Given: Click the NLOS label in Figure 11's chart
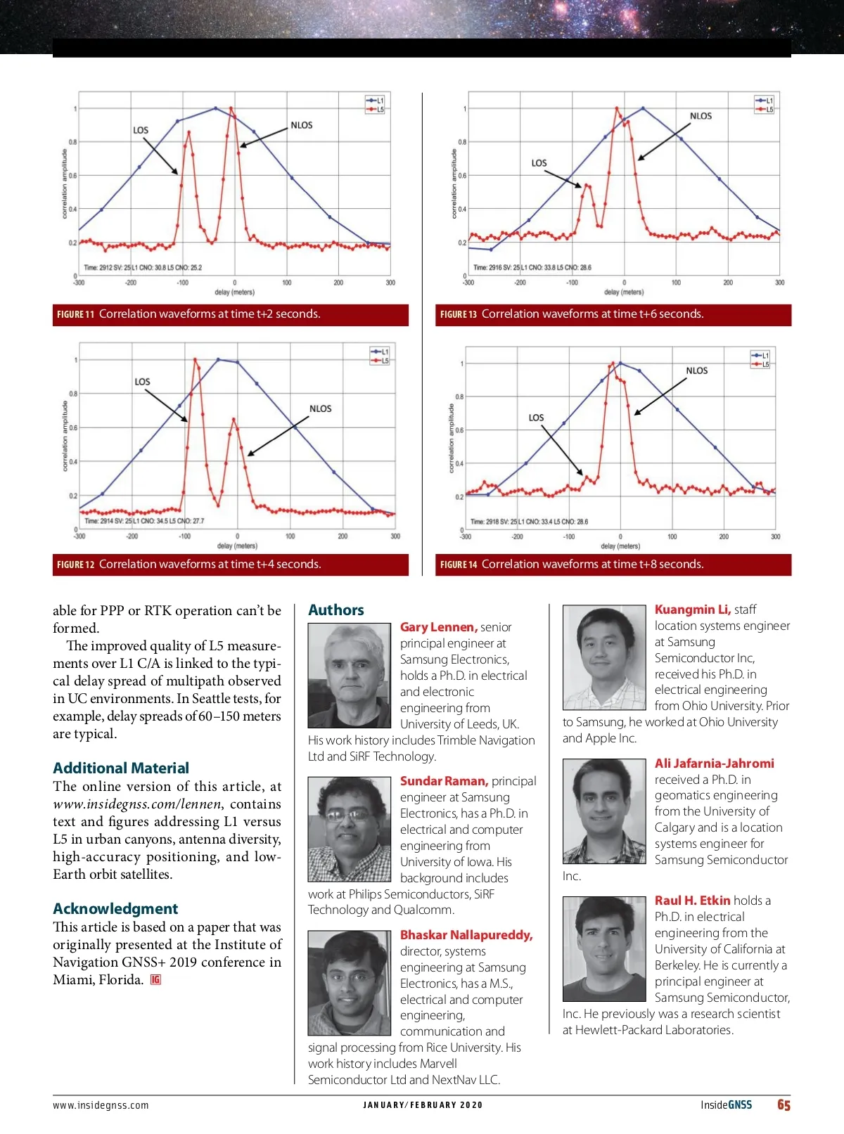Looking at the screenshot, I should pyautogui.click(x=302, y=125).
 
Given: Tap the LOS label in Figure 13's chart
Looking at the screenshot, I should pyautogui.click(x=539, y=163).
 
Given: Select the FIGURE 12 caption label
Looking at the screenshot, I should pyautogui.click(x=75, y=565).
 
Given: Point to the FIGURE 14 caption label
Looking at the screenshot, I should pyautogui.click(x=459, y=565).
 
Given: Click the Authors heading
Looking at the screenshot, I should pyautogui.click(x=336, y=610).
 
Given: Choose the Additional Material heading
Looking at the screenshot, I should pyautogui.click(x=121, y=768).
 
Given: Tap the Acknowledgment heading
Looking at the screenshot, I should pyautogui.click(x=115, y=908).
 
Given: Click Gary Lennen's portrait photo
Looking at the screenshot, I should pyautogui.click(x=350, y=675).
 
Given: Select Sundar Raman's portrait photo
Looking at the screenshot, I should pyautogui.click(x=350, y=829).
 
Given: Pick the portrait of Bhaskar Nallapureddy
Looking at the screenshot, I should pyautogui.click(x=350, y=983).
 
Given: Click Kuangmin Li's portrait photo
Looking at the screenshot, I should pyautogui.click(x=604, y=657).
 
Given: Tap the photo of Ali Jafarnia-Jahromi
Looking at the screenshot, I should pyautogui.click(x=604, y=811).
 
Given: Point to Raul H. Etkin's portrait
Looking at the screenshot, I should pyautogui.click(x=604, y=948).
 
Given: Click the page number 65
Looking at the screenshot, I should pyautogui.click(x=784, y=1105).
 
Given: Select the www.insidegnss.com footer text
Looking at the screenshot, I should pyautogui.click(x=101, y=1105).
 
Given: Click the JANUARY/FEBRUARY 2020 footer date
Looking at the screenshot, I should pyautogui.click(x=423, y=1105).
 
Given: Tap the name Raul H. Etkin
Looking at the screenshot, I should pyautogui.click(x=692, y=901).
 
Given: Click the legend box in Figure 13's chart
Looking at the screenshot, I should pyautogui.click(x=765, y=105).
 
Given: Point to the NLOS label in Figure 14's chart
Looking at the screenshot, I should pyautogui.click(x=696, y=371).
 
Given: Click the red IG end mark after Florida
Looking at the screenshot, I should pyautogui.click(x=155, y=980).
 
